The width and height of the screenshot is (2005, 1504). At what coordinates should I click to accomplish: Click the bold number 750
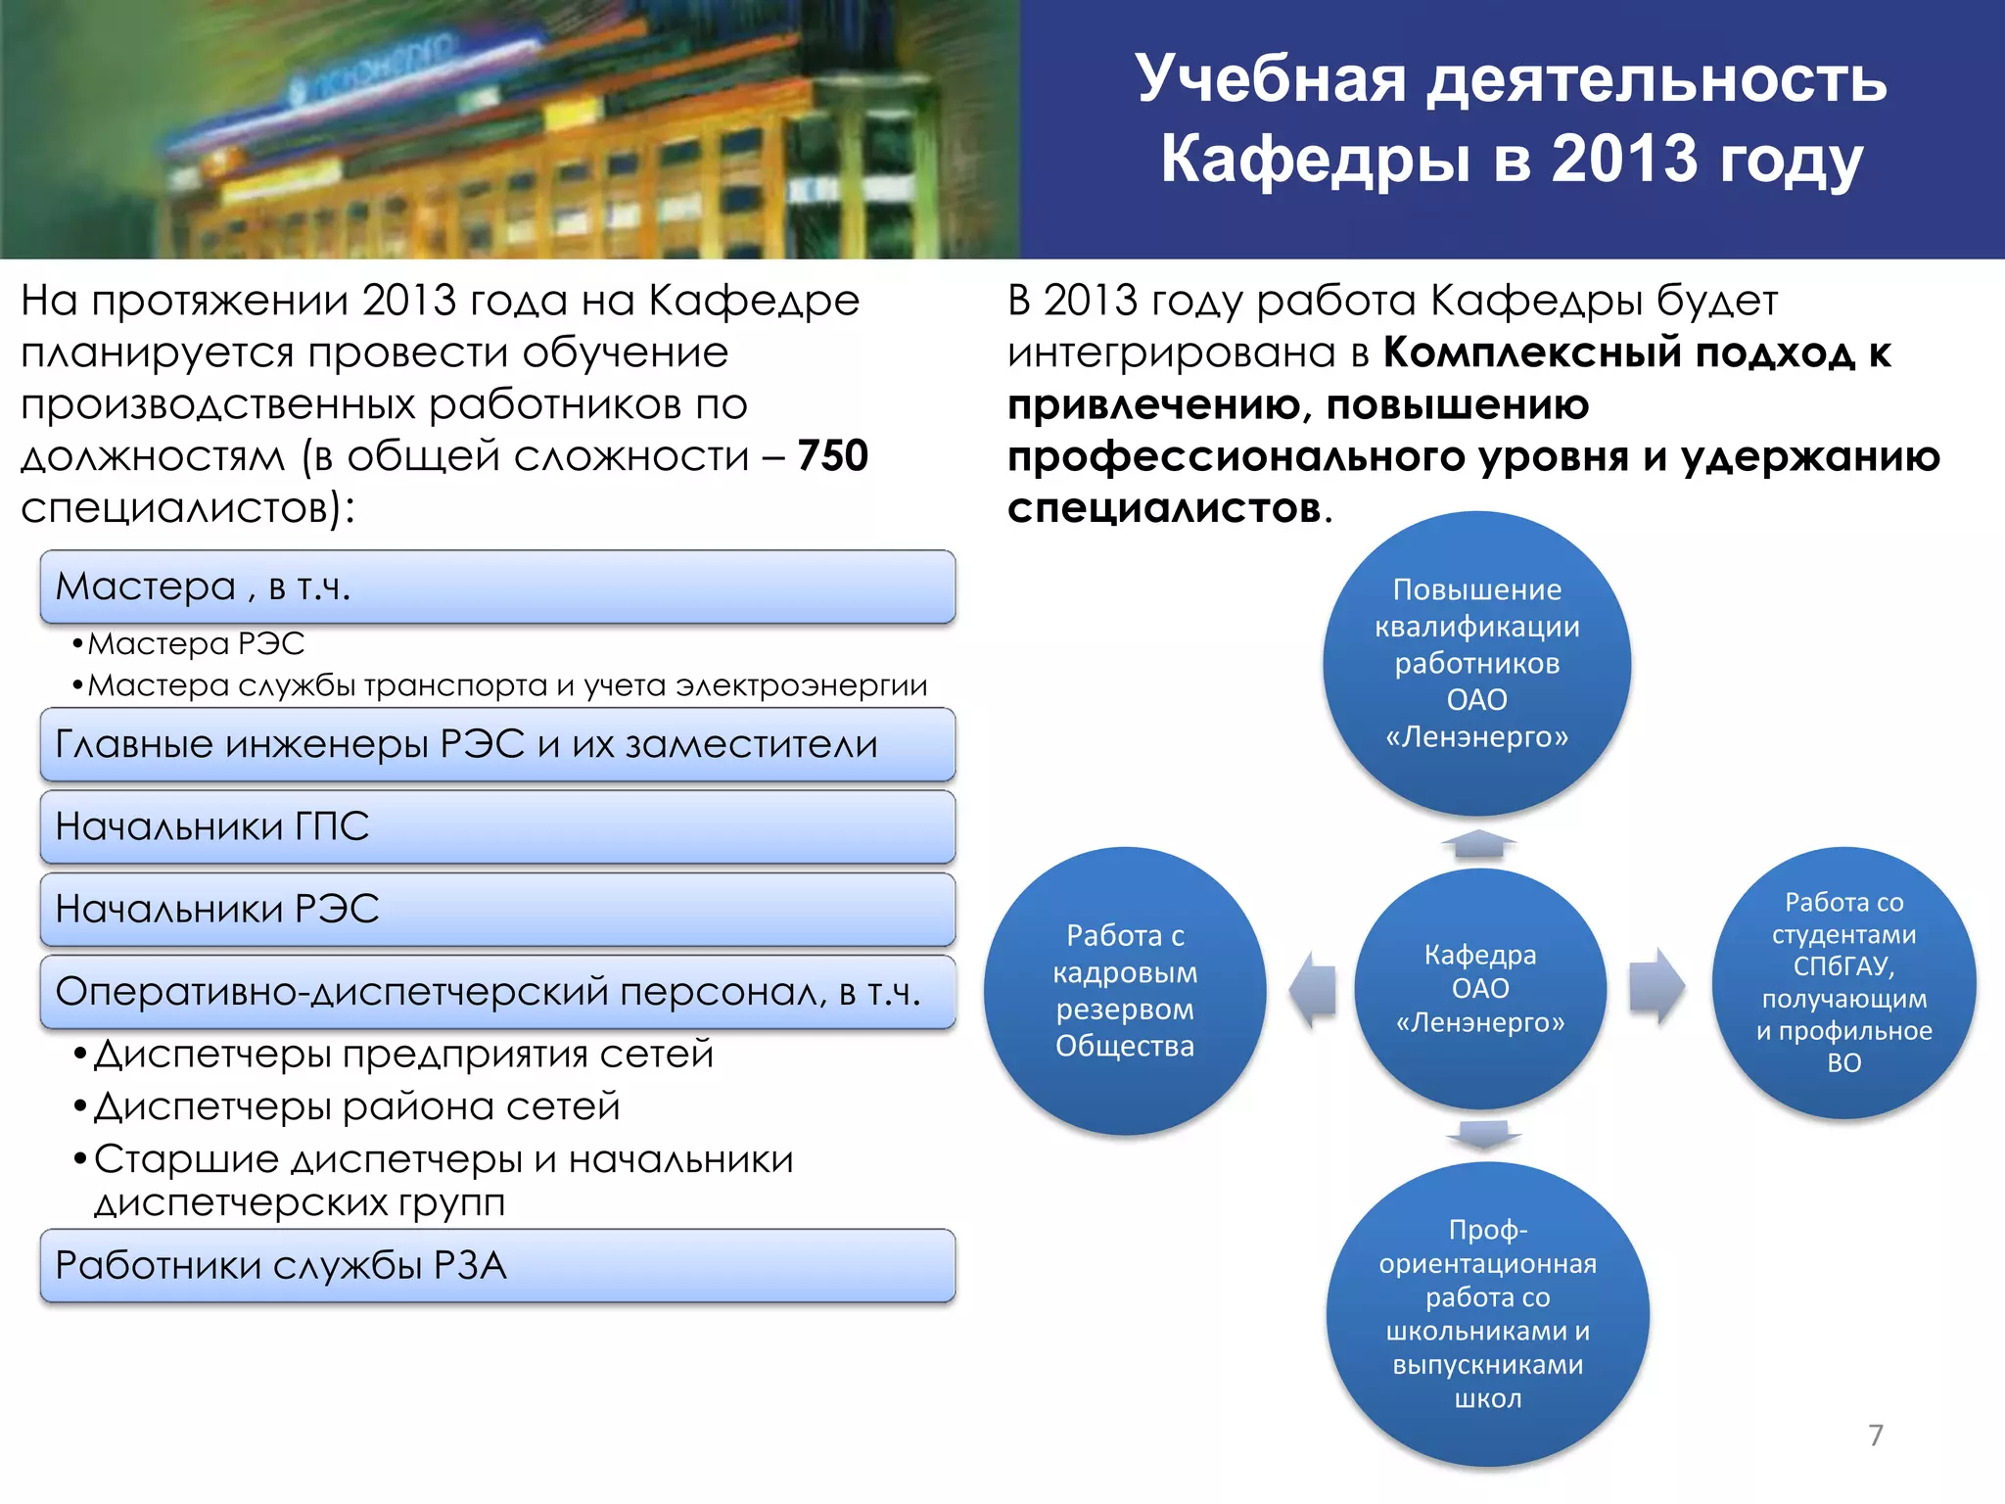[x=832, y=456]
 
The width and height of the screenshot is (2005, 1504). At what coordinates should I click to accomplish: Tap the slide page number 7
[x=1876, y=1434]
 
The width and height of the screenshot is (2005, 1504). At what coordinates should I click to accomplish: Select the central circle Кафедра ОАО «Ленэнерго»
[x=1480, y=988]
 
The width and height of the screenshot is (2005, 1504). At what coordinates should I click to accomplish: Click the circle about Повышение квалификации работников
[x=1476, y=663]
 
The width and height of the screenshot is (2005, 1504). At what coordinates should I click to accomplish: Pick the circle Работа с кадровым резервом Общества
[x=1125, y=990]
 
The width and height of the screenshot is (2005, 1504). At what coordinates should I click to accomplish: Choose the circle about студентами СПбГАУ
[x=1843, y=982]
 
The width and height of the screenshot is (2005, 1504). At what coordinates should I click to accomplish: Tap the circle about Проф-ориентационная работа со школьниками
[x=1487, y=1313]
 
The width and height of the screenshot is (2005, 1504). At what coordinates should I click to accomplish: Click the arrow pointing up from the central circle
[x=1478, y=844]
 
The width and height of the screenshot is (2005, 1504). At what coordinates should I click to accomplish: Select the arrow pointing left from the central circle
[x=1314, y=990]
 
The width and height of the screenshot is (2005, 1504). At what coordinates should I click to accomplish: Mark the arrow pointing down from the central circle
[x=1483, y=1135]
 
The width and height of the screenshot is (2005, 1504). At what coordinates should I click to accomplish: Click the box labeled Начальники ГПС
[x=497, y=826]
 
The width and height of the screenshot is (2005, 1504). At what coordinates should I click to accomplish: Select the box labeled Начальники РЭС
[x=497, y=909]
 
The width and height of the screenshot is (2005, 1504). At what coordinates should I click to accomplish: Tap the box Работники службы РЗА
[x=497, y=1265]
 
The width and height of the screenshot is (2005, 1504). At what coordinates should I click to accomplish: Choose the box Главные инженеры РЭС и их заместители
[x=497, y=744]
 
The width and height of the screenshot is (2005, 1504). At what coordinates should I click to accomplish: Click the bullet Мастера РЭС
[x=196, y=643]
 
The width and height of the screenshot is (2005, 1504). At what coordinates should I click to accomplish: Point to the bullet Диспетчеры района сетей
[x=357, y=1106]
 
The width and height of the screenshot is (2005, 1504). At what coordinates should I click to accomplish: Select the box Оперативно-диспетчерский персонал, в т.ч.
[x=497, y=992]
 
